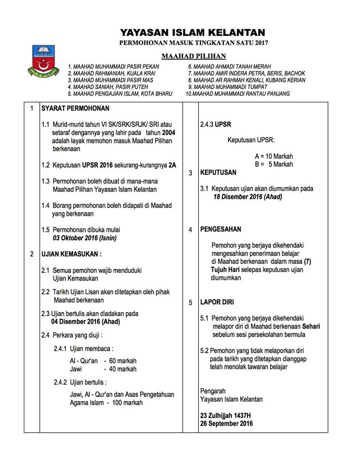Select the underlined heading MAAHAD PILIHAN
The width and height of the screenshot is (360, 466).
coord(194,56)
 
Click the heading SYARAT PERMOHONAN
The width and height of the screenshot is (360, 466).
coord(75,108)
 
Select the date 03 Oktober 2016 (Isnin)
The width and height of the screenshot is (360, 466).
coord(85,238)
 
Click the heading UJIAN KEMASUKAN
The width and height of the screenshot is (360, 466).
coord(71,254)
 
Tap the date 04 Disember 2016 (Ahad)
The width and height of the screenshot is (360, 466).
coord(86,321)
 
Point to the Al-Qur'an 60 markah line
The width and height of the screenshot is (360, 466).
coord(103,361)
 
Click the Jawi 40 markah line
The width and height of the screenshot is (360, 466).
coord(103,369)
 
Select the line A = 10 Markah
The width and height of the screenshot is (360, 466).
coord(274,157)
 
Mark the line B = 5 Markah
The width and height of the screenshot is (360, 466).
coord(274,165)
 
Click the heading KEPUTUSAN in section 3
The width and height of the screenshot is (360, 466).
coord(218,172)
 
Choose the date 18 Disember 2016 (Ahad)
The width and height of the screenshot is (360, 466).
coord(248,197)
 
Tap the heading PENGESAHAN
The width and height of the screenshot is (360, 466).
coord(221,229)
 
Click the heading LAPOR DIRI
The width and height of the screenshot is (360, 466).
coord(217,302)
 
